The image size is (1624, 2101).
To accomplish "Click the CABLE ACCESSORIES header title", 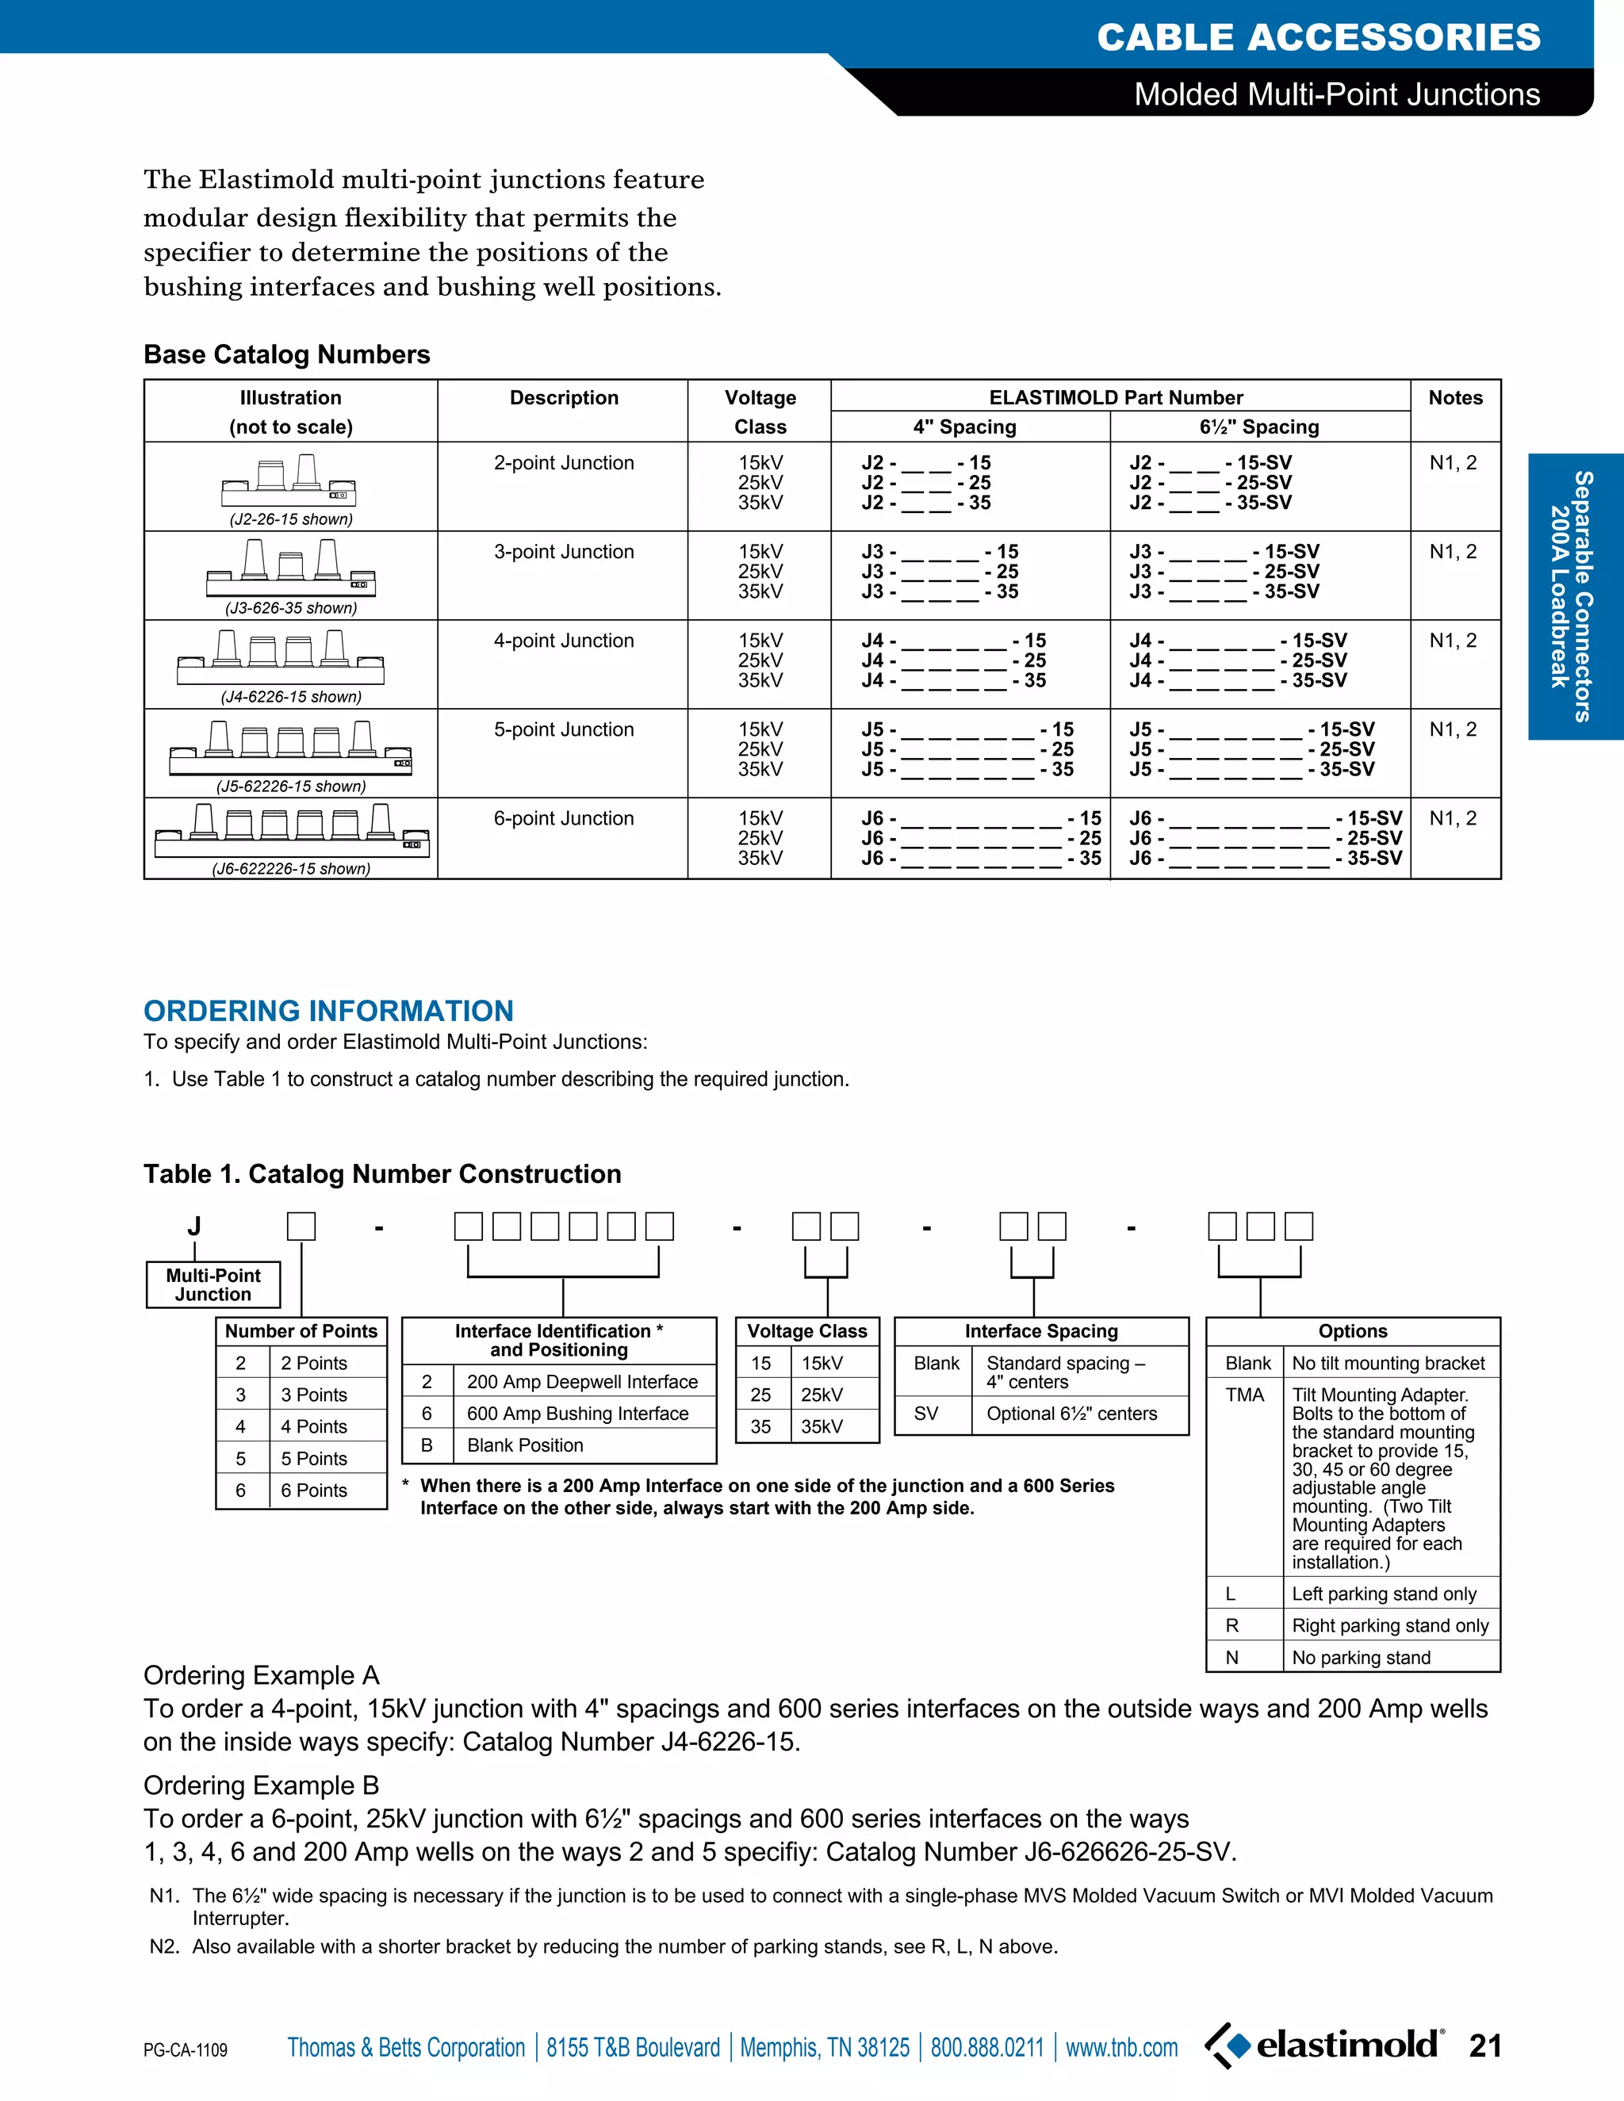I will tap(1318, 37).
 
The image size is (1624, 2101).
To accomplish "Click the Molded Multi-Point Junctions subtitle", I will tap(1336, 94).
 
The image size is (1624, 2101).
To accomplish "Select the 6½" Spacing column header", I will tap(1258, 427).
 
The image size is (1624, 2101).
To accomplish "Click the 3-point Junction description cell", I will tap(564, 552).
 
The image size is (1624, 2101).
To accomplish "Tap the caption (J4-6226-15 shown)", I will tap(290, 696).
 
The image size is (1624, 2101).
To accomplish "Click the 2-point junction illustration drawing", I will tap(289, 481).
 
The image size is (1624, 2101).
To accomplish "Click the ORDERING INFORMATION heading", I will tap(328, 1010).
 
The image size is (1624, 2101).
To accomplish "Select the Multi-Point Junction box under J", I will tap(213, 1284).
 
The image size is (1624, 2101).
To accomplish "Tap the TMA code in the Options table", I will tap(1244, 1395).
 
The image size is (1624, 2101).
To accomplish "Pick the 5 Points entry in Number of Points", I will tap(314, 1458).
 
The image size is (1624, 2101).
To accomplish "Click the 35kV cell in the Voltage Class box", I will tap(822, 1426).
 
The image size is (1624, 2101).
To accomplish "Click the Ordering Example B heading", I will tap(261, 1785).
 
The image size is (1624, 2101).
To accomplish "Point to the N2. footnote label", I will tap(164, 1946).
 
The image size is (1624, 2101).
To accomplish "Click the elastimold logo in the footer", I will tap(1325, 2044).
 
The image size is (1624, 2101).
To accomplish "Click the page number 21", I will tap(1484, 2046).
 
